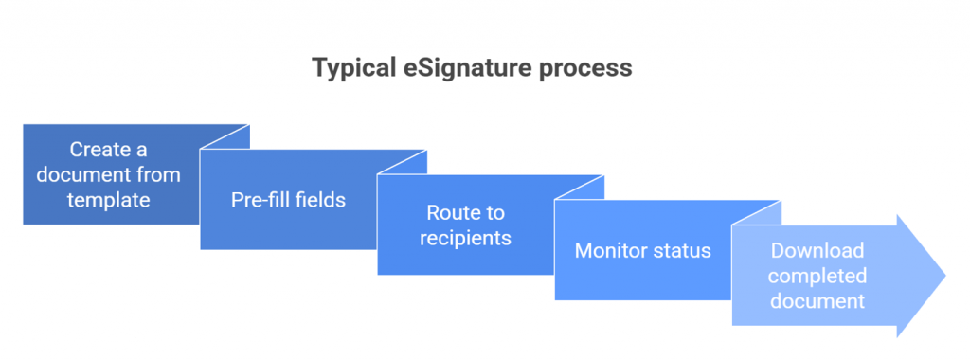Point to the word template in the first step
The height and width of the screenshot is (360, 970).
(x=108, y=199)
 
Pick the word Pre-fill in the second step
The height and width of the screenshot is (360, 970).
(x=260, y=200)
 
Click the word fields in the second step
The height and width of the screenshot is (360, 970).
(x=319, y=200)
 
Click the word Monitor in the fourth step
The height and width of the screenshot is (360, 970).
(x=609, y=251)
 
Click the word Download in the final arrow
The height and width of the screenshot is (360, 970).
(x=817, y=251)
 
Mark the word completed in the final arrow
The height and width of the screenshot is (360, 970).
(x=817, y=276)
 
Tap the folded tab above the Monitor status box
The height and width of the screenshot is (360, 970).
(x=581, y=189)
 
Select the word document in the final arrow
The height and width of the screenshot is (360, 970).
(x=817, y=300)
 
